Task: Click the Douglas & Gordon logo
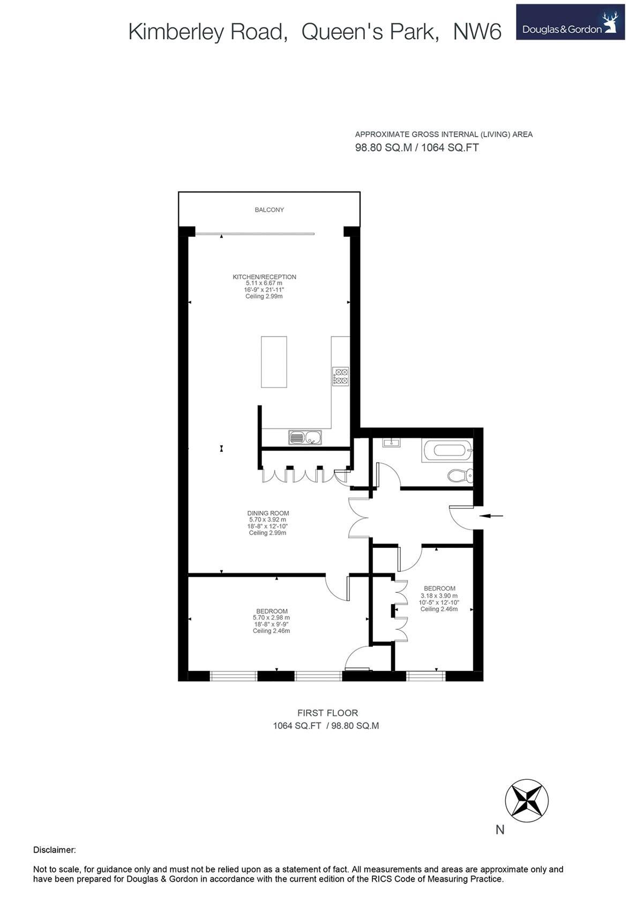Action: click(570, 22)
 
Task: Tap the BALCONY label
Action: click(270, 210)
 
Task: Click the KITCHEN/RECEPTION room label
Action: click(264, 277)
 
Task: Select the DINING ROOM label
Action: click(268, 513)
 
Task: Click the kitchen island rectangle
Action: click(274, 362)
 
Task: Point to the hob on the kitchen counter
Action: click(340, 376)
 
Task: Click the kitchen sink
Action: click(305, 438)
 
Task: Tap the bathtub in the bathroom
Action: click(448, 451)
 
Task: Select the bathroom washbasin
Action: click(392, 442)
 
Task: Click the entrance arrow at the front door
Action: click(491, 516)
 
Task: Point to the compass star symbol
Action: click(527, 800)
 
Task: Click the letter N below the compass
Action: click(500, 830)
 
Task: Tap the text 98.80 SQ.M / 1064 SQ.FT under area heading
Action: click(417, 148)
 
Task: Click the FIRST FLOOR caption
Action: click(327, 713)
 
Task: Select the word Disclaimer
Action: click(55, 850)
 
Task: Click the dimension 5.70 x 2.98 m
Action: click(271, 618)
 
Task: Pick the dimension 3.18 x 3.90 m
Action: click(439, 595)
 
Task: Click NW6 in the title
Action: click(477, 32)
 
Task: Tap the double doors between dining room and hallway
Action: click(358, 517)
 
